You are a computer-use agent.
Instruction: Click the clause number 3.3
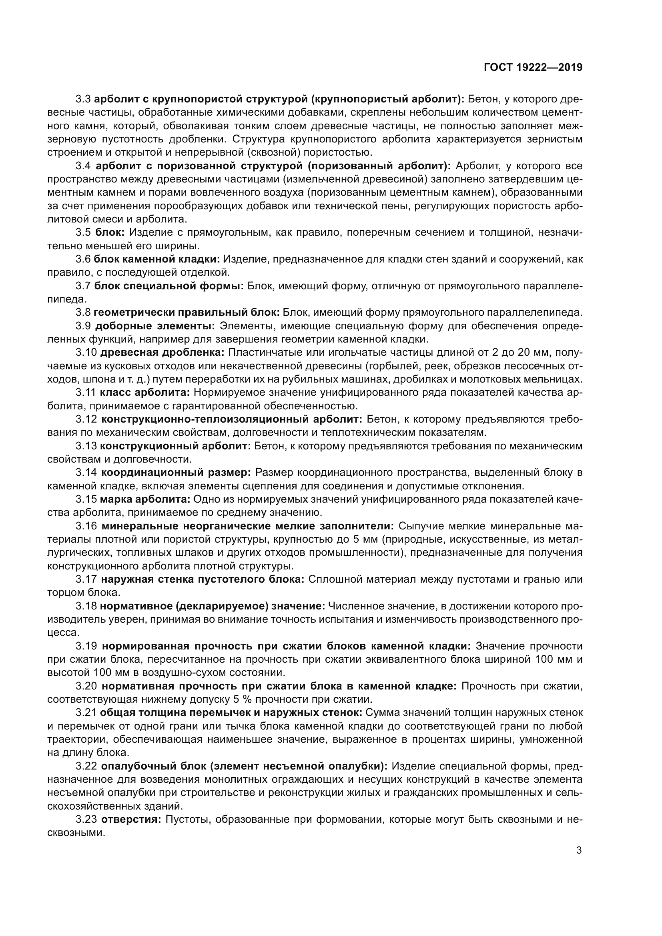84,99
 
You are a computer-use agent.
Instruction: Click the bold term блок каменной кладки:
157,259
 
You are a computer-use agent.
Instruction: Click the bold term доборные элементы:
155,326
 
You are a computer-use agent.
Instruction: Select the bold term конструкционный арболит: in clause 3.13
175,446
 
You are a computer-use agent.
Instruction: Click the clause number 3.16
86,526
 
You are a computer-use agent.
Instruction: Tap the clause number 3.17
86,579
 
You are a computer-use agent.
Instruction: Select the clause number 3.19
86,646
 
